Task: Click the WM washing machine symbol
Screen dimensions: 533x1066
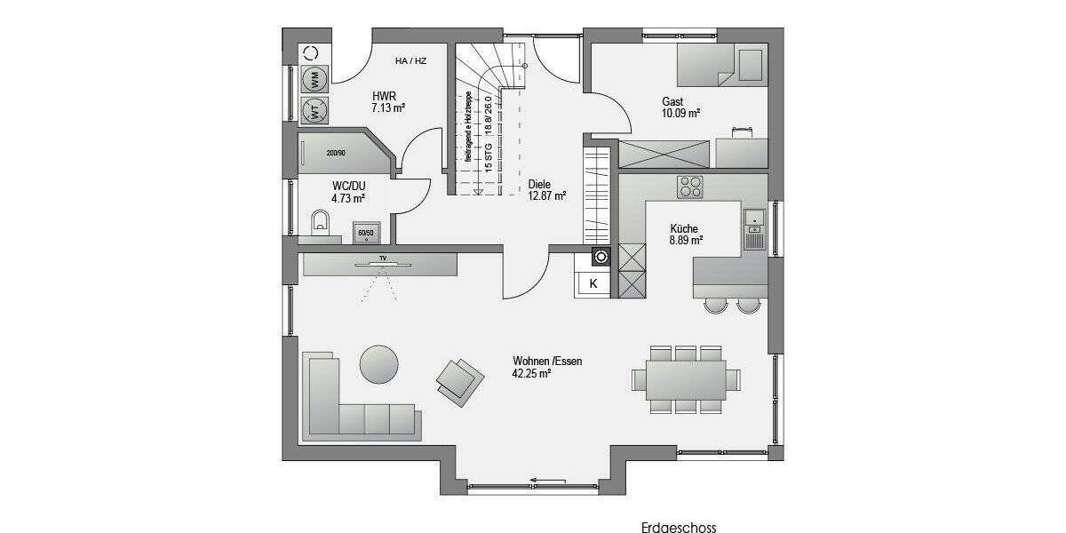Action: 314,79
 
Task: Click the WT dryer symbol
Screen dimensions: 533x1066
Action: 314,110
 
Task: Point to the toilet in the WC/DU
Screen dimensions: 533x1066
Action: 321,222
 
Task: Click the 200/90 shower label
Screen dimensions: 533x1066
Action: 336,153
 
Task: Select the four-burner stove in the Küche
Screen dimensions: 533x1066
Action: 690,187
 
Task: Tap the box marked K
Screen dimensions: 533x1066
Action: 593,284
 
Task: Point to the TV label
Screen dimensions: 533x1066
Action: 383,258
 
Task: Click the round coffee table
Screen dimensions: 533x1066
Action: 379,363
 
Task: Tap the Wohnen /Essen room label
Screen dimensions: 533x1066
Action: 546,367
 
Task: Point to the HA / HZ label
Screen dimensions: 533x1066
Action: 410,61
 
